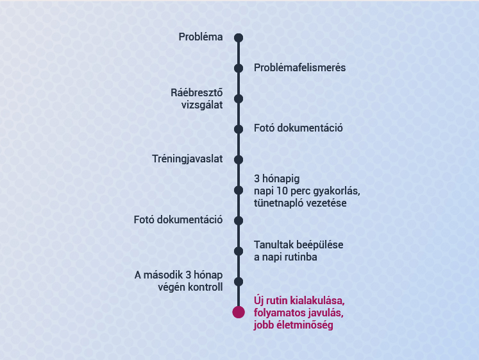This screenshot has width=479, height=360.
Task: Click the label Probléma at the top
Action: coord(201,37)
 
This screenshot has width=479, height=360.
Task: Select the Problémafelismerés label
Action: coord(299,67)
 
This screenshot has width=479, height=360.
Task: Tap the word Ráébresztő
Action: coord(197,92)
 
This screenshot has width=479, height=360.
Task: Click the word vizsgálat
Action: coord(202,105)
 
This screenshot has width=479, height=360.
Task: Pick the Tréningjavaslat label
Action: coord(187,159)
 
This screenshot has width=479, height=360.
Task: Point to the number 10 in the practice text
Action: coord(283,191)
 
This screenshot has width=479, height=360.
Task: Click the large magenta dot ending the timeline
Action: coord(239,313)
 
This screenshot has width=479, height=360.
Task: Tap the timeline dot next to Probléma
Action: coord(239,38)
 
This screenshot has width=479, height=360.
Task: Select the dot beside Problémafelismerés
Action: coord(239,68)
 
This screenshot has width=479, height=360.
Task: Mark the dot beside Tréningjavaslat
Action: coord(239,160)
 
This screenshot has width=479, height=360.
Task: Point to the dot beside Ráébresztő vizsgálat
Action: coord(239,99)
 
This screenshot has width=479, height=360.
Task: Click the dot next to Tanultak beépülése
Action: coord(239,251)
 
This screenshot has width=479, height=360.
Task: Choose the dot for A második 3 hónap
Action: coord(239,282)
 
